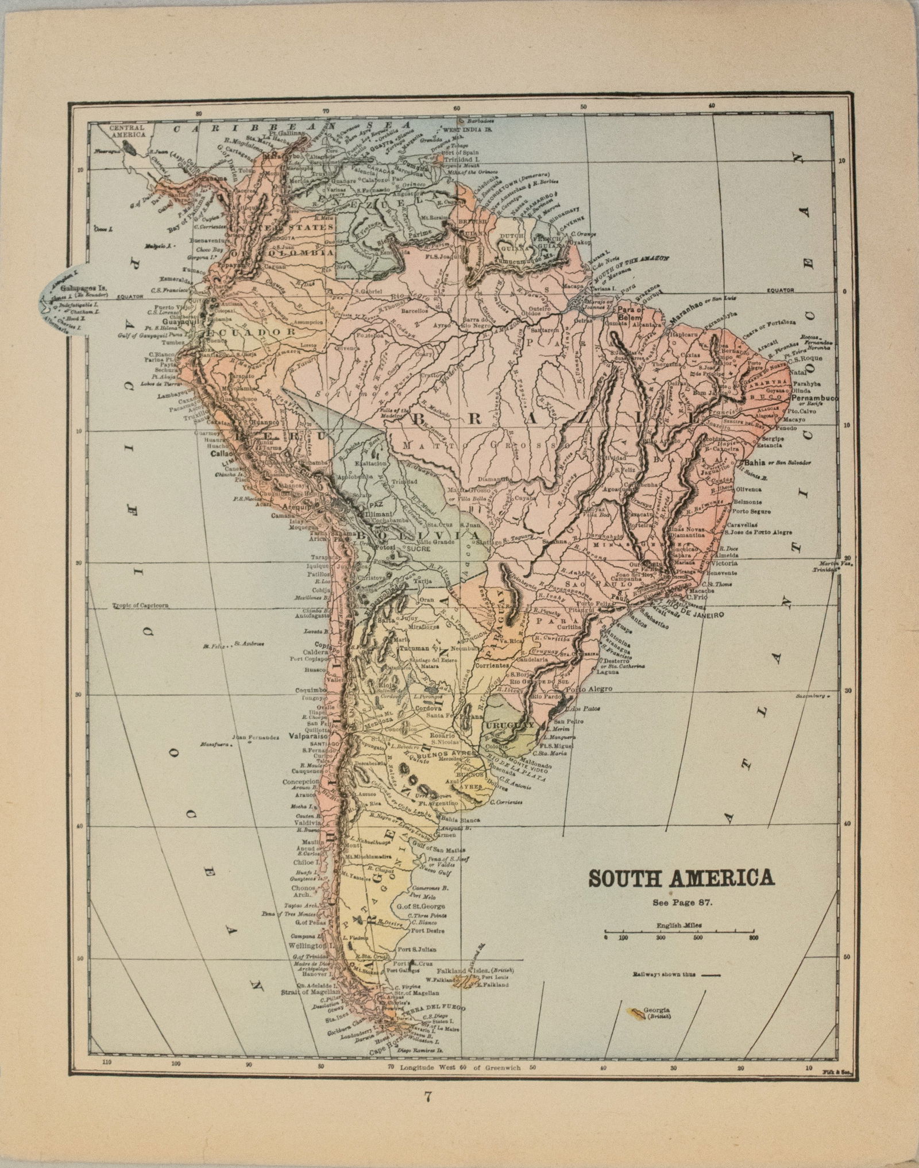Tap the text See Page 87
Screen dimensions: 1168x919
[682, 901]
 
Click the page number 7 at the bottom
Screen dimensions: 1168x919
[427, 1112]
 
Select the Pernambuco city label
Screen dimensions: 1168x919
[814, 398]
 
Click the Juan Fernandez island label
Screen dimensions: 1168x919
[256, 737]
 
